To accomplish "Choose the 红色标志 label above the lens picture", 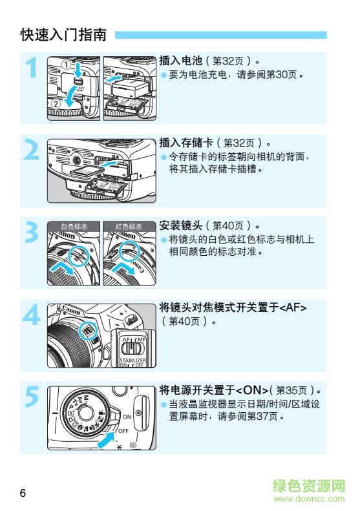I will (129, 227).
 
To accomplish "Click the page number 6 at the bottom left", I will (23, 494).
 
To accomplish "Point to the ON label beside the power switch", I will (127, 417).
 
